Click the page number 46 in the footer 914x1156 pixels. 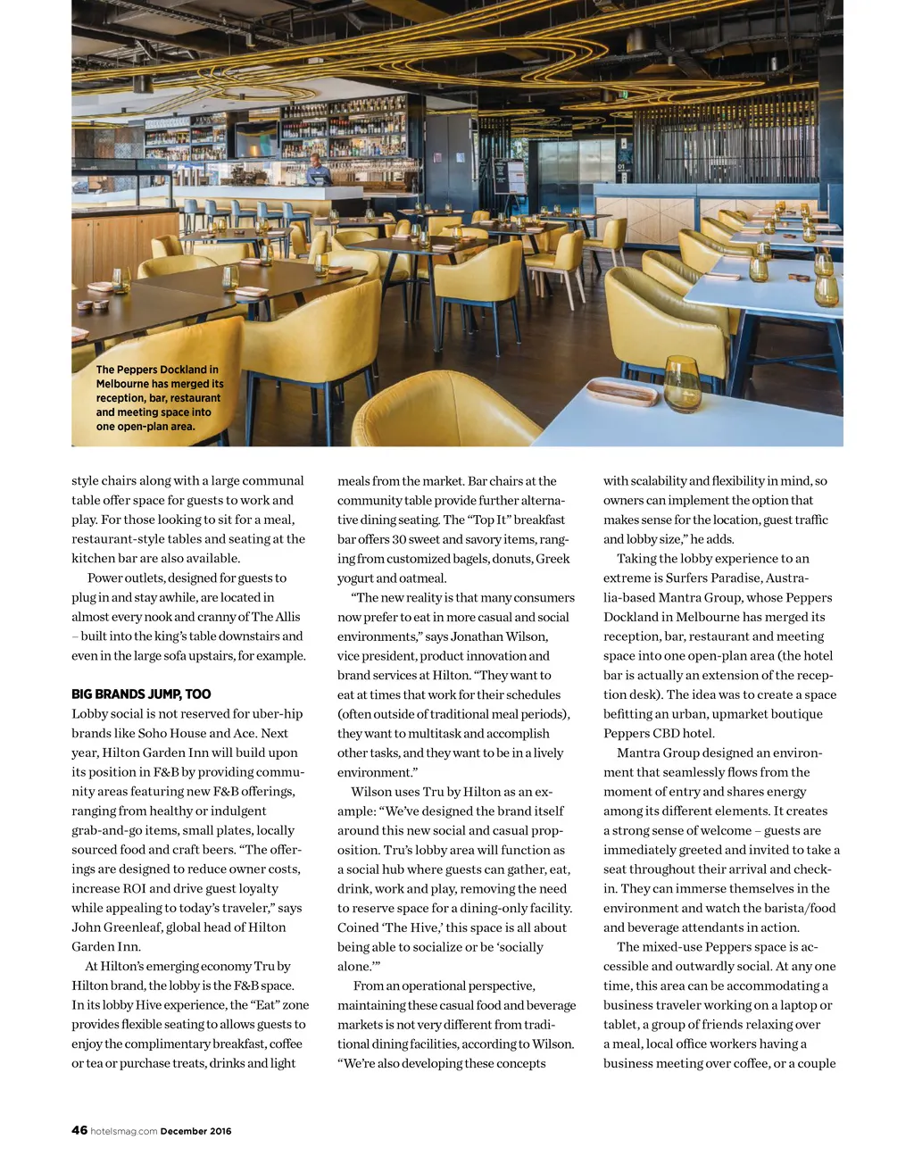[x=79, y=1130]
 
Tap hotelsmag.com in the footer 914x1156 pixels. [x=124, y=1131]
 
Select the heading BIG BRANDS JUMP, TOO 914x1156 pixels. [x=141, y=694]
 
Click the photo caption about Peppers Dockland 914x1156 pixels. [x=159, y=397]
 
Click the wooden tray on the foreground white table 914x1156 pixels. [x=623, y=391]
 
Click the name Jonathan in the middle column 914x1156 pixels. [x=482, y=636]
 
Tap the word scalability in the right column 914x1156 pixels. [x=661, y=481]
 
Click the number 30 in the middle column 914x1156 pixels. [x=401, y=539]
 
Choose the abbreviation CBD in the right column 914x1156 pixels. [x=664, y=733]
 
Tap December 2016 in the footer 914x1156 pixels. [x=195, y=1131]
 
